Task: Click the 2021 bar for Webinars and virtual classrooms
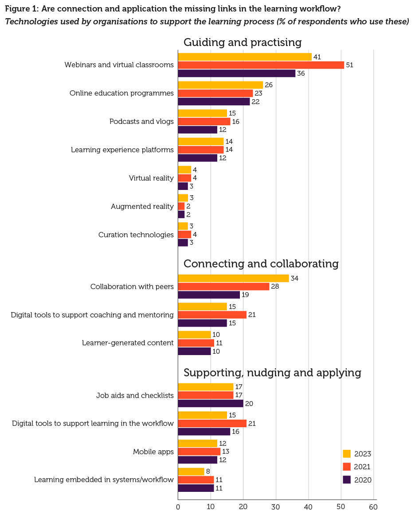(x=261, y=65)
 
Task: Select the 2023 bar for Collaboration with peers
(x=233, y=278)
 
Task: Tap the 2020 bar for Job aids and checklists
(x=211, y=403)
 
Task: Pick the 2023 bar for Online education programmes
(x=220, y=85)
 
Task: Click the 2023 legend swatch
(x=347, y=454)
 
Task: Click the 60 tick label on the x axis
(x=373, y=506)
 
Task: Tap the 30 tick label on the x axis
(x=276, y=506)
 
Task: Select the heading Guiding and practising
(x=242, y=43)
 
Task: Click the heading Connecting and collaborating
(x=261, y=264)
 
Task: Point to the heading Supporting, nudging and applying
(x=272, y=373)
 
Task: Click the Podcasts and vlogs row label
(x=141, y=122)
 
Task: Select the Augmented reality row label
(x=142, y=206)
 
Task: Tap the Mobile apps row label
(x=153, y=452)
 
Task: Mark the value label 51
(x=349, y=65)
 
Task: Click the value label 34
(x=294, y=278)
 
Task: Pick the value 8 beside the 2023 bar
(x=208, y=471)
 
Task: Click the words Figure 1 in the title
(x=20, y=8)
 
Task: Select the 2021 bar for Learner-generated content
(x=196, y=343)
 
